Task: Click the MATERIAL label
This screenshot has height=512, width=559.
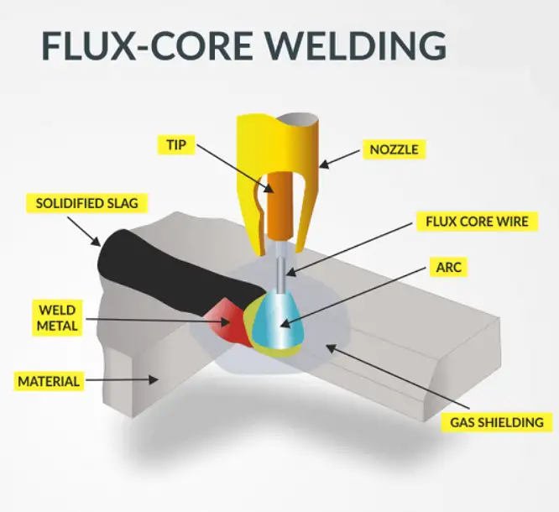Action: point(48,381)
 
